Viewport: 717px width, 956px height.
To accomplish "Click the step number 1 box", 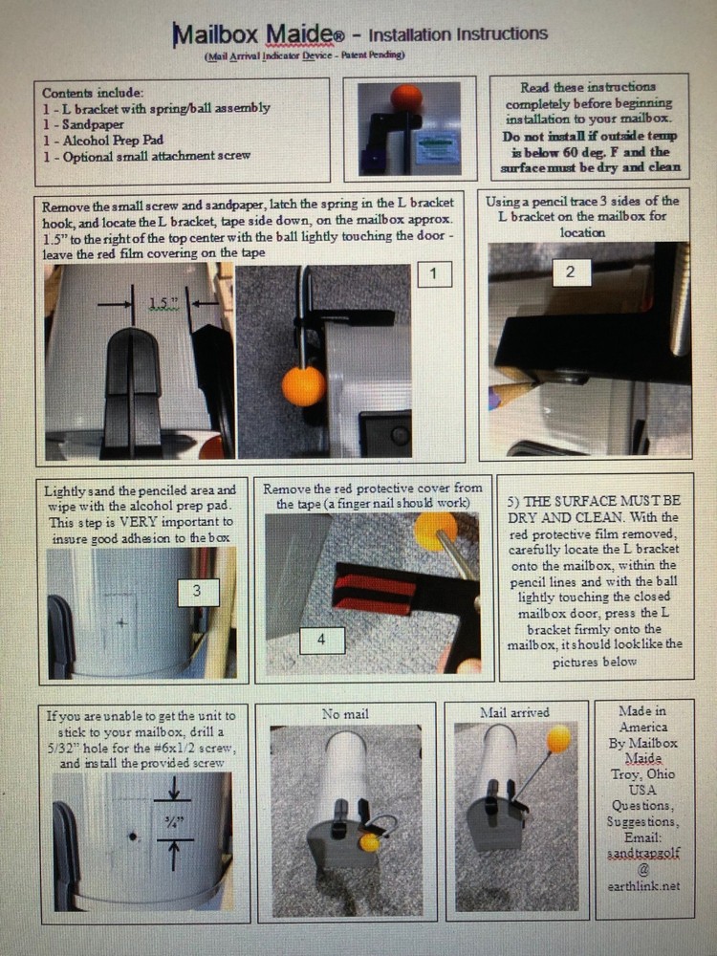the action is (435, 273).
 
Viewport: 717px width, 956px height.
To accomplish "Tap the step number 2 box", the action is (572, 272).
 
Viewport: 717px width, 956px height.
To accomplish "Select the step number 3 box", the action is (198, 592).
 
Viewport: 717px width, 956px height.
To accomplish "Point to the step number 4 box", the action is (322, 641).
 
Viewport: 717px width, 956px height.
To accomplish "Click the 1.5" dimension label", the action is (163, 303).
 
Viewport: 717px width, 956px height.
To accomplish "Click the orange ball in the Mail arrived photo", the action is (558, 739).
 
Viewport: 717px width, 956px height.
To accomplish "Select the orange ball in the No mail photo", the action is (369, 842).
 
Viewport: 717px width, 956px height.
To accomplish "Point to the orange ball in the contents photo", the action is (406, 98).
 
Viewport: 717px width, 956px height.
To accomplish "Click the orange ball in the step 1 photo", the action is (304, 386).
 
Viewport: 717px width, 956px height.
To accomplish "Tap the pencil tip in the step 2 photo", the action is (535, 383).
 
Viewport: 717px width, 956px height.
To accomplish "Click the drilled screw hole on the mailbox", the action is (133, 836).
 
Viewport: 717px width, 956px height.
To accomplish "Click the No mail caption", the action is (345, 713).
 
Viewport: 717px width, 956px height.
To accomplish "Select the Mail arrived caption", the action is (514, 712).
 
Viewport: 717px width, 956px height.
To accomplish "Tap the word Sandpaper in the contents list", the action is (93, 124).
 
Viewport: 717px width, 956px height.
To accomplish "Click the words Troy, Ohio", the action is (643, 774).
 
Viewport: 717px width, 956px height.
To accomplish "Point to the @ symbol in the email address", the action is (643, 870).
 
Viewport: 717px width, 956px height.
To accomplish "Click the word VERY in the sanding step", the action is (137, 522).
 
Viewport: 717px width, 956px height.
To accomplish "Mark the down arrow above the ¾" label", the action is (174, 789).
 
